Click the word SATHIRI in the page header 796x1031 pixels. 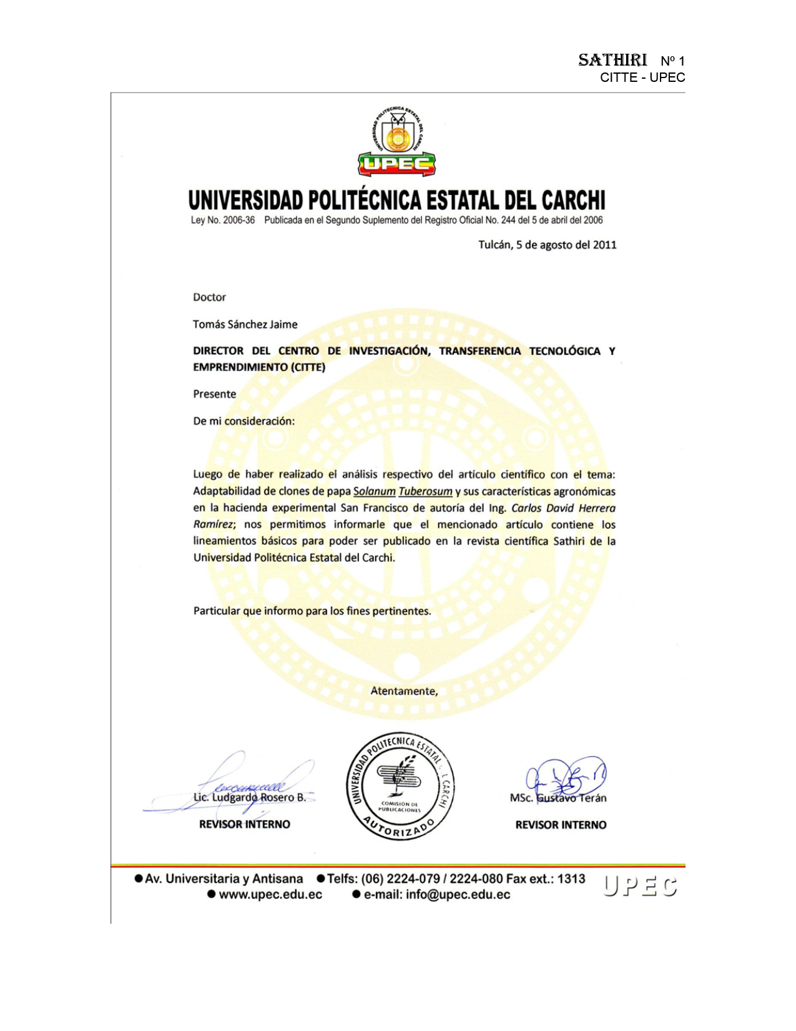612,60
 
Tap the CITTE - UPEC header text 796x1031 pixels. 642,77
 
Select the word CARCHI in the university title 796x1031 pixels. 573,201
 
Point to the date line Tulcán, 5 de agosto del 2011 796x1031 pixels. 547,245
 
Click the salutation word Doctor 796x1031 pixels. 209,297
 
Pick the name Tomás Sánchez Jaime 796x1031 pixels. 245,324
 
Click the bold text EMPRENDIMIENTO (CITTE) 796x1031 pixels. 259,367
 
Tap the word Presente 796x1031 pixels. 215,394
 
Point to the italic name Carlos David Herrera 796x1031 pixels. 563,508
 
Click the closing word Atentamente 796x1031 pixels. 404,691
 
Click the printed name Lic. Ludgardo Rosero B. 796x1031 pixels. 250,798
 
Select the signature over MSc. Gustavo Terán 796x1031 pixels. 566,778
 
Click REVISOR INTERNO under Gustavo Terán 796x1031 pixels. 561,825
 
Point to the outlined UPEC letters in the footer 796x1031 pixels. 641,887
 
